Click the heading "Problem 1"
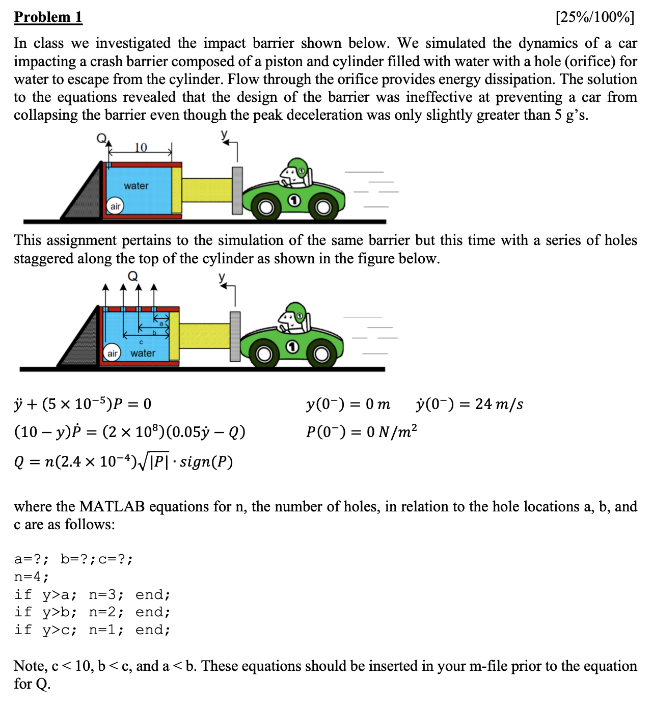point(48,17)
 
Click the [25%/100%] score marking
point(595,17)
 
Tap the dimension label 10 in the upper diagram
point(141,147)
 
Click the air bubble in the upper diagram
point(116,206)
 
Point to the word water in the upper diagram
point(136,186)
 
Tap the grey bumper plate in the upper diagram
point(237,190)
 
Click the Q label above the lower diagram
point(132,276)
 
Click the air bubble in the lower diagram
point(112,353)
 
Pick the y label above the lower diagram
point(222,277)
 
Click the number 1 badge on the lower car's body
point(292,347)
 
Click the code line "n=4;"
point(32,577)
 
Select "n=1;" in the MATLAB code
point(106,630)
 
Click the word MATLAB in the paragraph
point(112,506)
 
